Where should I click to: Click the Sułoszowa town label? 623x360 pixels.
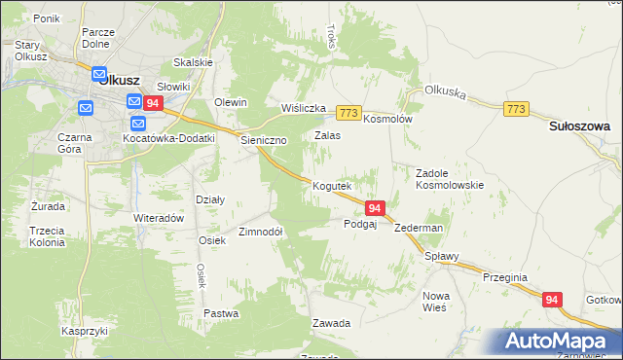(578, 126)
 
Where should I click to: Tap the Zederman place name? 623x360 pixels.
(420, 228)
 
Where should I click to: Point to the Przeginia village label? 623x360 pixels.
(504, 277)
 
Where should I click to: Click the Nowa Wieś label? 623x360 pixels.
(434, 301)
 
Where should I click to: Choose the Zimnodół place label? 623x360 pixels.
(260, 233)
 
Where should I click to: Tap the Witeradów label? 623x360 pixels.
(159, 218)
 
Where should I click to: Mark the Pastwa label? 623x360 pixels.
(221, 313)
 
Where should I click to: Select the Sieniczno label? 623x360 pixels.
(264, 140)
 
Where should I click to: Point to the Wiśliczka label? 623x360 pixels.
(303, 108)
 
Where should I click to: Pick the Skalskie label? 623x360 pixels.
(193, 62)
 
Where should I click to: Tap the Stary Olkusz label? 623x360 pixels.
(33, 51)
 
